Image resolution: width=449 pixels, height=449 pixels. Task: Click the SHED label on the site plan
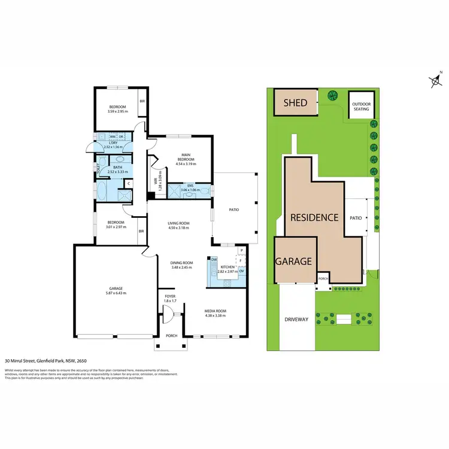coord(295,103)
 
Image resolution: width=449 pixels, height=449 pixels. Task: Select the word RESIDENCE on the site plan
coord(315,217)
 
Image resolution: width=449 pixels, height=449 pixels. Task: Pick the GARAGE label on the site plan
coord(294,262)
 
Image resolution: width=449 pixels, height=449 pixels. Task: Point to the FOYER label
coord(170,296)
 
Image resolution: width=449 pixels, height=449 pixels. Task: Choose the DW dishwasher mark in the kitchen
coord(214,259)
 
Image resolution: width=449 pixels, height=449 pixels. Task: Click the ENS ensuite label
coord(190,186)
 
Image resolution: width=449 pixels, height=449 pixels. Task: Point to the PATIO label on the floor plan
coord(234,210)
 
